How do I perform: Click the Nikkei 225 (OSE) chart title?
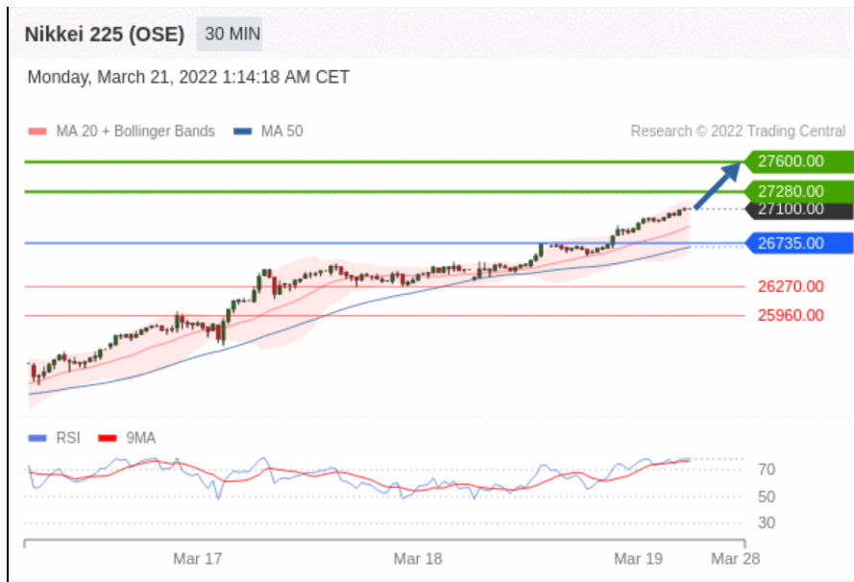pos(104,35)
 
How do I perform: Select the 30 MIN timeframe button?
pos(232,35)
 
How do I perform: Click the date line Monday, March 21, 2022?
pos(188,78)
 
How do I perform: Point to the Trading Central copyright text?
pos(738,132)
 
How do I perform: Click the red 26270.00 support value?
pos(791,286)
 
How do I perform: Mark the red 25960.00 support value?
pos(791,315)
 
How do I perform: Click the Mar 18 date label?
pos(418,558)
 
